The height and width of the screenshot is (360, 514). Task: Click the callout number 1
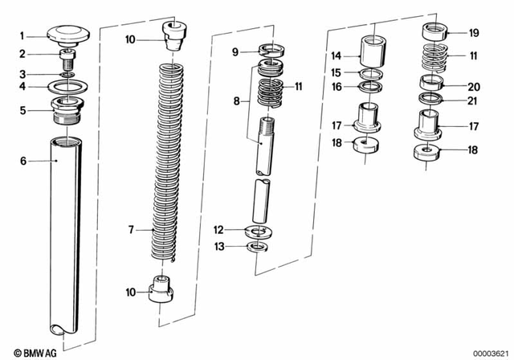point(23,35)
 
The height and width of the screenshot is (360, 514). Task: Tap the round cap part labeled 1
point(66,34)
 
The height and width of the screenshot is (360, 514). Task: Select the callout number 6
point(23,161)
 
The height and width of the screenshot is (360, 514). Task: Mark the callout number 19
point(473,33)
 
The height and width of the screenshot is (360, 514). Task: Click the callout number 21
point(473,100)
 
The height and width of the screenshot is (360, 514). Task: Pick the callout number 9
point(235,52)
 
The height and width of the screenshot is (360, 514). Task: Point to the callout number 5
point(23,110)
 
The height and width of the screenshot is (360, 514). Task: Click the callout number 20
point(473,84)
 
